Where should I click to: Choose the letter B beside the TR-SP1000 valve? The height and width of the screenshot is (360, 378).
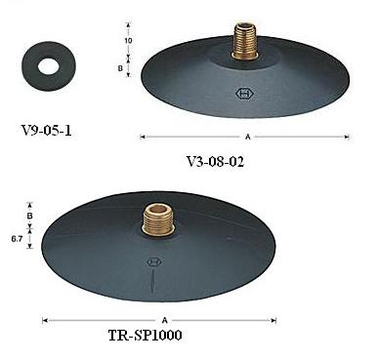29,216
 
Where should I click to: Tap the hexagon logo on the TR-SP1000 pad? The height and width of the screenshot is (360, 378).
153,262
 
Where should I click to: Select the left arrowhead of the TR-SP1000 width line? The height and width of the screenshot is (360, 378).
44,318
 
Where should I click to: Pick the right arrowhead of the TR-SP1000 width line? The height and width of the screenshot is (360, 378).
274,318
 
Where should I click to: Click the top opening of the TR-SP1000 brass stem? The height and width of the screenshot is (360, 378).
156,207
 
